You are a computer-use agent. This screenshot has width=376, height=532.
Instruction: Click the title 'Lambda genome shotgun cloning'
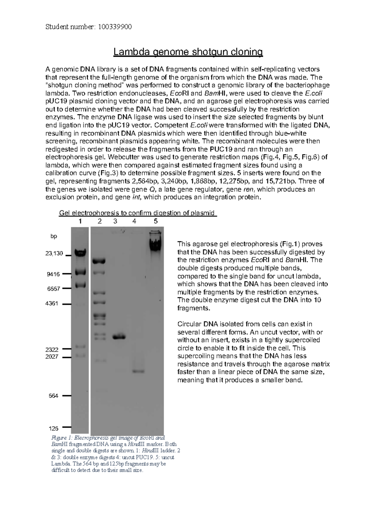(188, 52)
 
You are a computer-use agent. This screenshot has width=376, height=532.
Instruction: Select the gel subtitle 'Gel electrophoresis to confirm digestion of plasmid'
(138, 213)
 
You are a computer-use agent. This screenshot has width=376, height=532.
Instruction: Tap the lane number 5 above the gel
(156, 221)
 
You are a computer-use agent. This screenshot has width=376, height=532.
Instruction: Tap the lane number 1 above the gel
(81, 221)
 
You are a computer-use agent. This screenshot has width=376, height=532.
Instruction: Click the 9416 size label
(53, 274)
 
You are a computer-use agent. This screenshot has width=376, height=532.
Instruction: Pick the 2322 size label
(52, 349)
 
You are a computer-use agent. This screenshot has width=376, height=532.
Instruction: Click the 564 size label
(53, 396)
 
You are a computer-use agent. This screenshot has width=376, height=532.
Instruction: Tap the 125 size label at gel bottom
(53, 428)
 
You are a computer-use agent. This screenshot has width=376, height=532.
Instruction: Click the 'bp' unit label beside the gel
(54, 236)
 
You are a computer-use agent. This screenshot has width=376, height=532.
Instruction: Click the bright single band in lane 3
(119, 337)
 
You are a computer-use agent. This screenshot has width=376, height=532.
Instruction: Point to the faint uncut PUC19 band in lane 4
(138, 371)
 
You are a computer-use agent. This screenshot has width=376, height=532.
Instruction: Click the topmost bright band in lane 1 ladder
(81, 252)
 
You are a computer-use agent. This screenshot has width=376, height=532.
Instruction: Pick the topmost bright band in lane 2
(99, 261)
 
